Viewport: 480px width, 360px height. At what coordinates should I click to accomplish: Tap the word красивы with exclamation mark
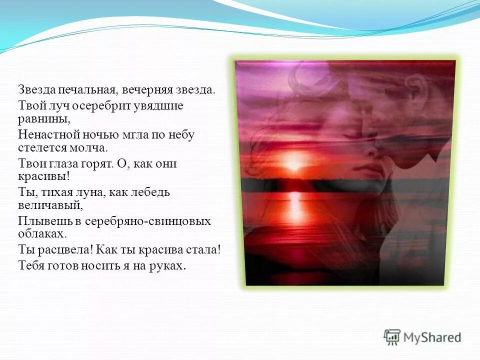pos(45,177)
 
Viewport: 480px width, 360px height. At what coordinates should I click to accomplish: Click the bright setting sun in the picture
pos(294,163)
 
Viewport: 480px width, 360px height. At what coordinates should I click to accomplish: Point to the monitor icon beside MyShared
pos(392,336)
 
